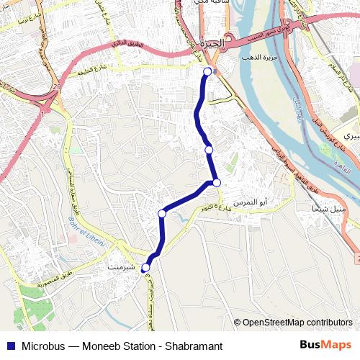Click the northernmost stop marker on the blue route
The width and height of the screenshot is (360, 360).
tap(208, 71)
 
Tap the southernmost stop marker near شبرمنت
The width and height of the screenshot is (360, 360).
tap(145, 268)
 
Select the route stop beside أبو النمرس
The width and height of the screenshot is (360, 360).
tap(216, 182)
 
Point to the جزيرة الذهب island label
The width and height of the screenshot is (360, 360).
tap(261, 57)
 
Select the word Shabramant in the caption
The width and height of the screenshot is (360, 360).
tap(192, 346)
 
